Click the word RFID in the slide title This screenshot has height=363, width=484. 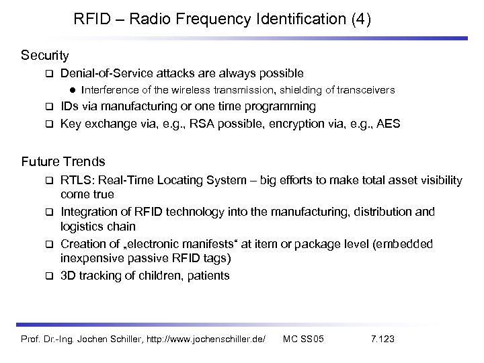tap(92, 19)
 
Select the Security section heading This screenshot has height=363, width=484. tap(45, 53)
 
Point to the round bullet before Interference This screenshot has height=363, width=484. tap(71, 90)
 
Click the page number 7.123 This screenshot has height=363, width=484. tap(382, 338)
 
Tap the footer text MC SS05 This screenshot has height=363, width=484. tap(303, 338)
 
